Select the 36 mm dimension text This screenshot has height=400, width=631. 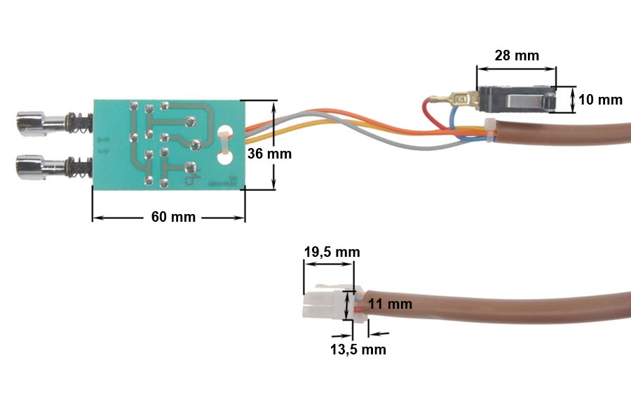pos(269,154)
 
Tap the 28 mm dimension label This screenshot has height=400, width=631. pos(517,55)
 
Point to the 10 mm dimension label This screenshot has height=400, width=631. pos(601,100)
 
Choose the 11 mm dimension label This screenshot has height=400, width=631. pos(390,305)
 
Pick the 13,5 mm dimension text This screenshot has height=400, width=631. pos(358,349)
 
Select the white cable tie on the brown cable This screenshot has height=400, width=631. pos(491,128)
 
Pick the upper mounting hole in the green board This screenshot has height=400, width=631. pos(225,131)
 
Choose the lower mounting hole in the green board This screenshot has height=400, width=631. pos(224,159)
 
